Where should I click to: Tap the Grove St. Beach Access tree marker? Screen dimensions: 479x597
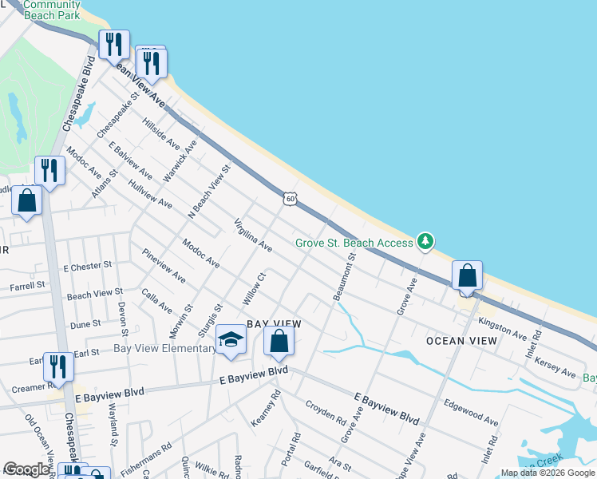[425, 241]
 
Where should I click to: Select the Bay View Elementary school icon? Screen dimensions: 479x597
[231, 341]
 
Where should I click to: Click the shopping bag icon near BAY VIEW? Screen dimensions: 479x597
[279, 342]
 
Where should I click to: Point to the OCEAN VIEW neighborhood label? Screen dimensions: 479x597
[461, 341]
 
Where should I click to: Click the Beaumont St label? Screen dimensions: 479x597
[346, 275]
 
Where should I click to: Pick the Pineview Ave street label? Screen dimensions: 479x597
[164, 267]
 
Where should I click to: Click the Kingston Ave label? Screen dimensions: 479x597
[502, 328]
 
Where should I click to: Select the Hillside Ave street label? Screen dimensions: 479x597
[160, 133]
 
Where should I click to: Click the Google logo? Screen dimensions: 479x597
[26, 469]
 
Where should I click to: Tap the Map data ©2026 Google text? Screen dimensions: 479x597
[548, 473]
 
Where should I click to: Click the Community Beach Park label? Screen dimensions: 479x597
[52, 10]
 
